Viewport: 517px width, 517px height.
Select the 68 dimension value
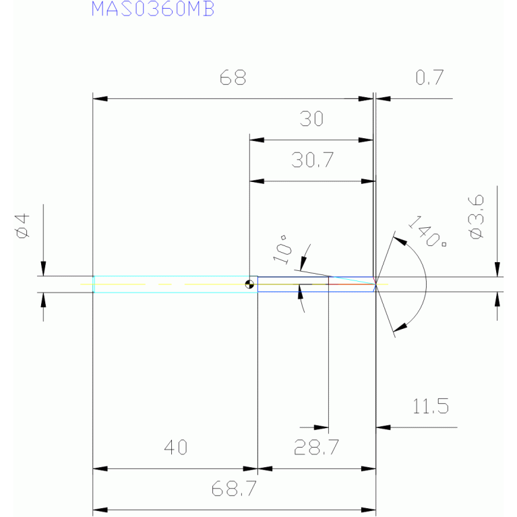coord(233,78)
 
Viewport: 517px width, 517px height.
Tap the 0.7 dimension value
coord(429,78)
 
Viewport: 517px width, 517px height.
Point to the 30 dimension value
coord(311,120)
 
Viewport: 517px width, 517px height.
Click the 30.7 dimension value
coord(312,160)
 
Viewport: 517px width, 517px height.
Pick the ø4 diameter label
coord(22,225)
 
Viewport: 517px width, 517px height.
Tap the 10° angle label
coord(282,249)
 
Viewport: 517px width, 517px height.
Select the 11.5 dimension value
coord(432,406)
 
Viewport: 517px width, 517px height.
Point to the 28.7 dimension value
coord(316,447)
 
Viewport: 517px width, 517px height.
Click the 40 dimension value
coord(175,447)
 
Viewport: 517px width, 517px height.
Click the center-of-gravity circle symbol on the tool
coord(251,284)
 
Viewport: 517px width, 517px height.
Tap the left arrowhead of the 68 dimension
coord(99,99)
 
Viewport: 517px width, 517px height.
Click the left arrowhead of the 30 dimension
coord(257,140)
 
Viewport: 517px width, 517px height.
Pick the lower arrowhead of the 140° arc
coord(400,328)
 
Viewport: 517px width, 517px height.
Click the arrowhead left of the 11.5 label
coord(383,427)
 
